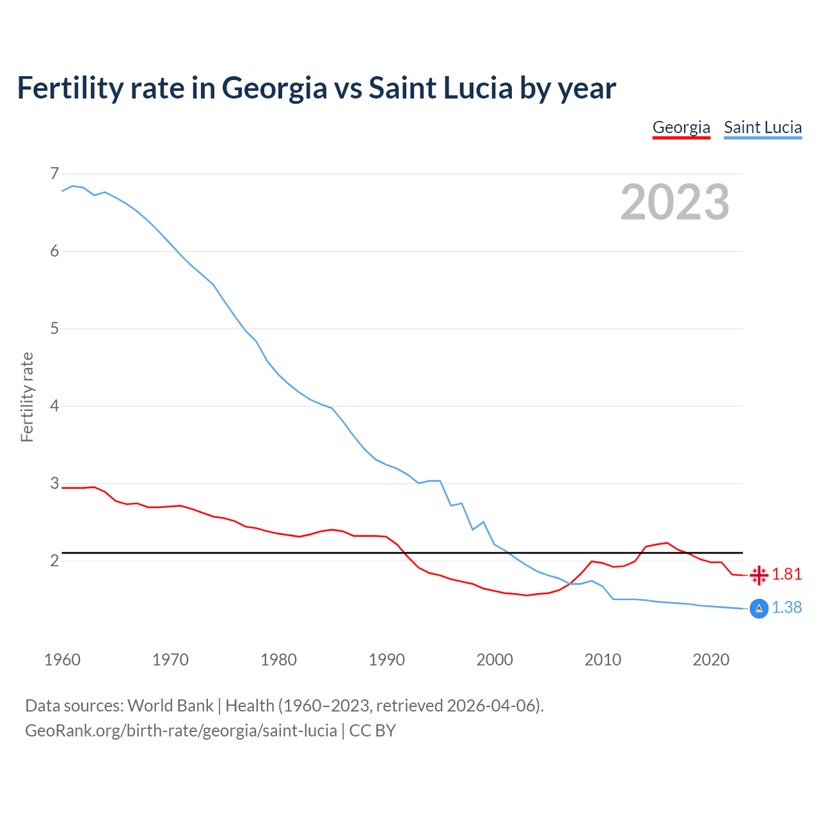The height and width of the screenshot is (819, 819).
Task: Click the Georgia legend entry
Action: click(681, 127)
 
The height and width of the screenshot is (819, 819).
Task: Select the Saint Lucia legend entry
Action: click(763, 127)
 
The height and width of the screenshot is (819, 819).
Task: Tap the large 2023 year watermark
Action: click(674, 202)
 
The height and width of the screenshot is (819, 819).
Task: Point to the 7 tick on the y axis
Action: click(54, 174)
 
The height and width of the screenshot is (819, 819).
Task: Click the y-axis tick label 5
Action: click(54, 329)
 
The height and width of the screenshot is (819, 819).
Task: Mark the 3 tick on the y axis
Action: click(54, 484)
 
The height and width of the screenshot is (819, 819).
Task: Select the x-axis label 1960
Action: click(62, 660)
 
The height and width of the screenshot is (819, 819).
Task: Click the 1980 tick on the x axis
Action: click(278, 660)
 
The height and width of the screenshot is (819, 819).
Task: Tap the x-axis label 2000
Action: click(495, 660)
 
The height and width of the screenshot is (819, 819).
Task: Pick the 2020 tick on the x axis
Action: click(711, 660)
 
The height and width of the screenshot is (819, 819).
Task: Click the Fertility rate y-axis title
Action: click(27, 397)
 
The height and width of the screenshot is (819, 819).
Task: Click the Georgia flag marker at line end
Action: click(759, 575)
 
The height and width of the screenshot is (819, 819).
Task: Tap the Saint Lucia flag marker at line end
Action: click(759, 608)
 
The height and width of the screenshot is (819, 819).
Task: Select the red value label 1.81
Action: click(786, 575)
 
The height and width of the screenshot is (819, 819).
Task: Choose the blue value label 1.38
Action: click(786, 608)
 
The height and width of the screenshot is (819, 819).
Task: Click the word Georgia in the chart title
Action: click(274, 88)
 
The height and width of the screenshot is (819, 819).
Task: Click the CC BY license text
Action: click(372, 731)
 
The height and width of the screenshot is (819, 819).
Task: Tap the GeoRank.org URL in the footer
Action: click(181, 731)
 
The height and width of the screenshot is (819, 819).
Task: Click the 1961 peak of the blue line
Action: click(72, 186)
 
